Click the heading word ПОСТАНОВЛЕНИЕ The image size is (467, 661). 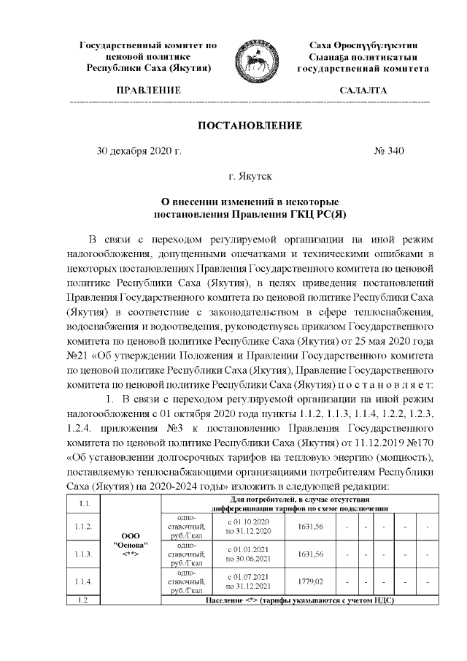(250, 126)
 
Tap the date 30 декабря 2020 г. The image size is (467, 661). (139, 152)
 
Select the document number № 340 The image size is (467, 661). (389, 152)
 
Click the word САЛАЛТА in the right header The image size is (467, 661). (363, 91)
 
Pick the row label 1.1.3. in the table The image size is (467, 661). (82, 554)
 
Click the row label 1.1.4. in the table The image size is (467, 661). (82, 581)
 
